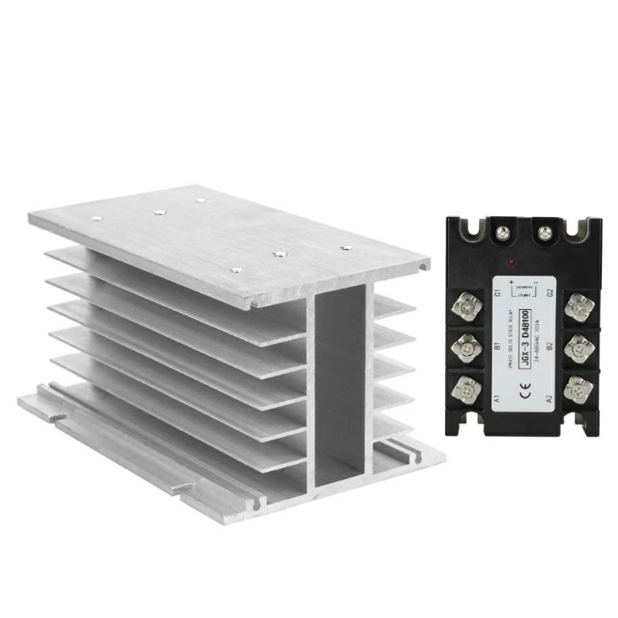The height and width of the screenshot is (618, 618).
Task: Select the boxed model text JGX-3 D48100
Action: (525, 340)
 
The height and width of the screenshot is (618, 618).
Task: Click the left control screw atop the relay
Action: (504, 230)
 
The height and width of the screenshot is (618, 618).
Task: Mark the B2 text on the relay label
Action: (548, 345)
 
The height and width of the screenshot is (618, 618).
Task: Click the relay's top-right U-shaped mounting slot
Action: (578, 229)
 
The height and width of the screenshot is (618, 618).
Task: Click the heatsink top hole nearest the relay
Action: (346, 248)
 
